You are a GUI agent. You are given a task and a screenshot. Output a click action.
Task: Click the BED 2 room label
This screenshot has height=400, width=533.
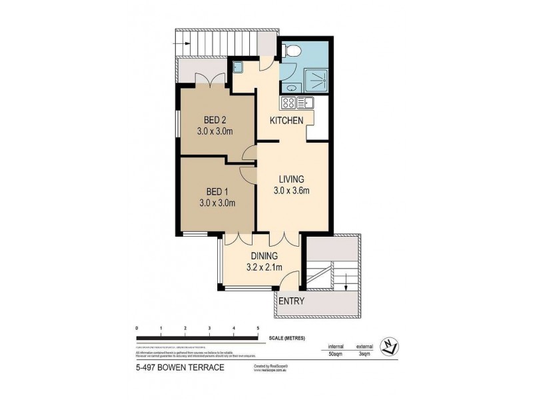click(215, 120)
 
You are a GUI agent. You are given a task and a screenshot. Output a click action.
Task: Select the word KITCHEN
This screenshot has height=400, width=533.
click(286, 121)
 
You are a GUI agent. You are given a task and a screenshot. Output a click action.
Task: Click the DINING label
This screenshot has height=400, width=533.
click(264, 255)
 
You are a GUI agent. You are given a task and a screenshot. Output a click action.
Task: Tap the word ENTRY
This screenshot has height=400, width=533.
click(292, 301)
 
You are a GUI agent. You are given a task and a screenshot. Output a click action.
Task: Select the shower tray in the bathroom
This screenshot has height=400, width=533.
click(315, 81)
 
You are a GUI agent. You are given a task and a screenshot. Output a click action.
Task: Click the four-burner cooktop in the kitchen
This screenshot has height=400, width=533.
click(288, 103)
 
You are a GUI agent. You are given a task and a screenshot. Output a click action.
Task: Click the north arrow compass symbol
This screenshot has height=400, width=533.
click(389, 346)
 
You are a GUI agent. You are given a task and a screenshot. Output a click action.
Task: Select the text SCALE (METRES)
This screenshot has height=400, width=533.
click(287, 339)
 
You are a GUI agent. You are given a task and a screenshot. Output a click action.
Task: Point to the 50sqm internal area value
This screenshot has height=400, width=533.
click(334, 355)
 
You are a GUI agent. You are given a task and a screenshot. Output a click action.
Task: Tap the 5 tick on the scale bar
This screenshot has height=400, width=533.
click(258, 329)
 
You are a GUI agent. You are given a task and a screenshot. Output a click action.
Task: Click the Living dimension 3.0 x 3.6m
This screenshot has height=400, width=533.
click(292, 191)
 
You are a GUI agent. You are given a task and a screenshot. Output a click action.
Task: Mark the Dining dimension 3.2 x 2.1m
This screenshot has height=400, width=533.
click(264, 267)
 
